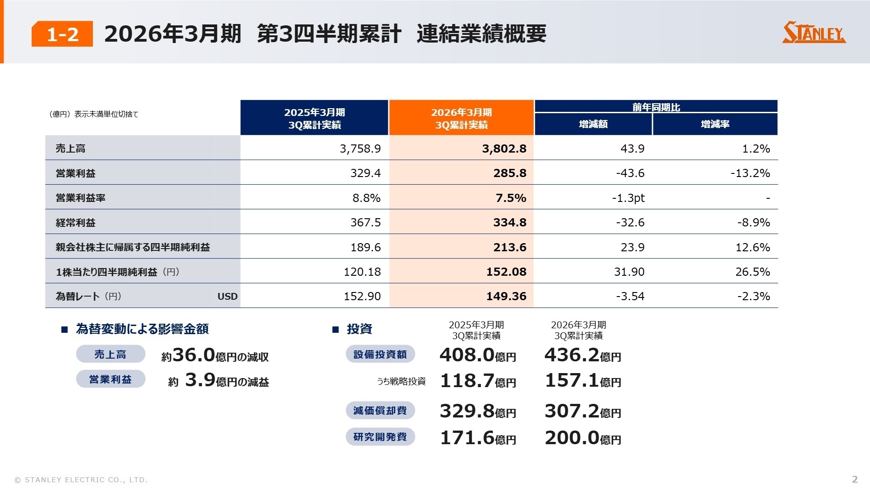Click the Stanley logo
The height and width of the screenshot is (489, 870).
coord(814,33)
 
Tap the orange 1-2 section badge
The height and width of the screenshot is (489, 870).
coord(62,34)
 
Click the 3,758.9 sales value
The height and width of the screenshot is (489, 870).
coord(360,149)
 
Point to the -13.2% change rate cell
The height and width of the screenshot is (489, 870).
coord(750,173)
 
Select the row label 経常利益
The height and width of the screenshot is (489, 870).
coord(76,223)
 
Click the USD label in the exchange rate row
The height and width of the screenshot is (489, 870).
coord(227,297)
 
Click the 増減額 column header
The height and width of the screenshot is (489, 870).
coord(593,124)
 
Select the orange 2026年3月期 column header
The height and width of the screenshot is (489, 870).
coord(461,118)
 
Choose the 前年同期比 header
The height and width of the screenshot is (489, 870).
coord(656,107)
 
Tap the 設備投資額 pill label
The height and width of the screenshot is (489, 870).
coord(380,355)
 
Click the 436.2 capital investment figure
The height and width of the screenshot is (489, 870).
coord(572,355)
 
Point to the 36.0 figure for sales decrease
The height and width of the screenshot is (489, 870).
coord(193,355)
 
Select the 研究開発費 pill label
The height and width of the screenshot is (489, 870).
coord(380,437)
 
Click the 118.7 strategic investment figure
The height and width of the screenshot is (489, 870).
coord(467,381)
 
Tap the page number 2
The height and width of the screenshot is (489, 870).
coord(855,479)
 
